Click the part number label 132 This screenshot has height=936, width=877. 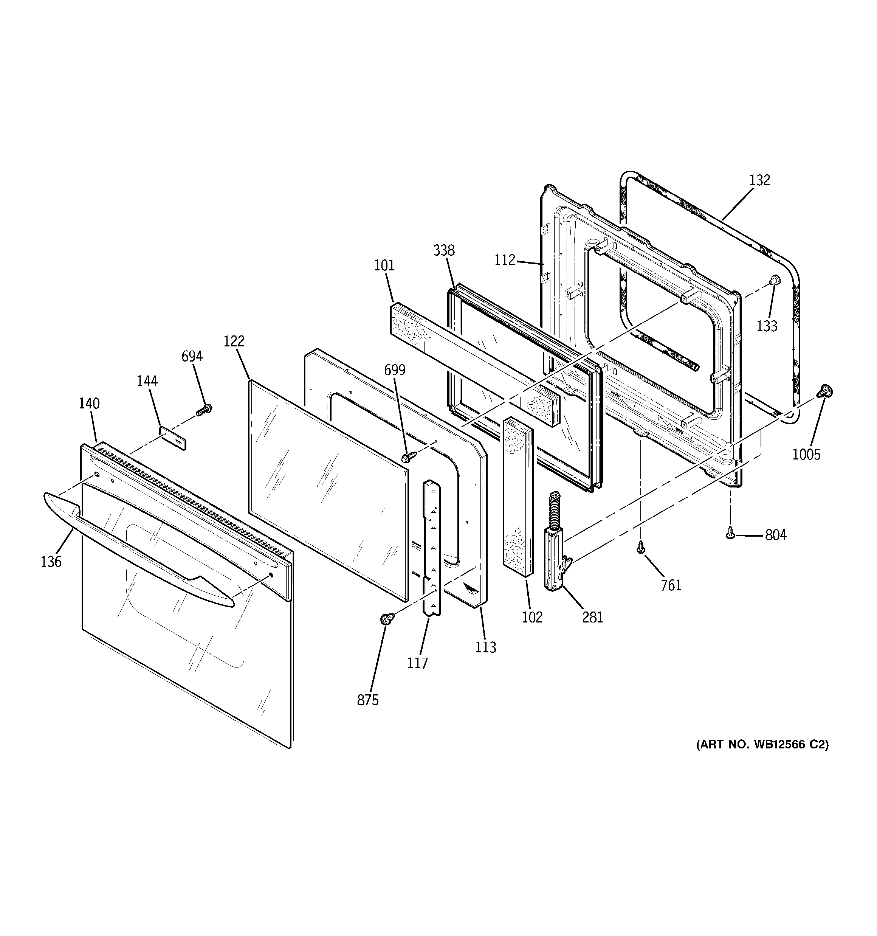tap(759, 180)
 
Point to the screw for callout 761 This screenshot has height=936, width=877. tap(640, 547)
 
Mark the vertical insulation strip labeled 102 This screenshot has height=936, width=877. tap(518, 496)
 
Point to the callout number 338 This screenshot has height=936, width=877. tap(444, 250)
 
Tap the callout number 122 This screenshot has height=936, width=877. tap(234, 341)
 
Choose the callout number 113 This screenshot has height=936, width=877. tap(485, 648)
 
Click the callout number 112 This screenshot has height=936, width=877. tap(505, 260)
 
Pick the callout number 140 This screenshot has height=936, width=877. tap(89, 404)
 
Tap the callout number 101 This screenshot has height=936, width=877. tap(384, 265)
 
